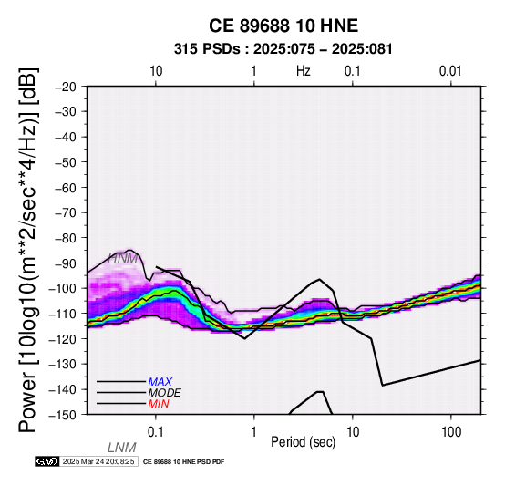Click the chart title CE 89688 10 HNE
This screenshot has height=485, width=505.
tap(283, 26)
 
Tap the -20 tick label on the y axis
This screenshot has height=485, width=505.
tap(66, 87)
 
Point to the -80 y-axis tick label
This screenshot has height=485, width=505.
tap(66, 238)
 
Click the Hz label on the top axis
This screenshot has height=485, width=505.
tap(303, 71)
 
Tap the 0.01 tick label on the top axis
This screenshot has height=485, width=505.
tap(450, 71)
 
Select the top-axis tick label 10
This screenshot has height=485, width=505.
tap(156, 71)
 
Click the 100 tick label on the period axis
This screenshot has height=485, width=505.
tap(451, 432)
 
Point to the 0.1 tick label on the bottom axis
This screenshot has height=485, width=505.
tap(156, 432)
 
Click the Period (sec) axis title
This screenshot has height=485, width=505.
tap(303, 442)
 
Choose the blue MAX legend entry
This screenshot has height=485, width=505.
tap(160, 382)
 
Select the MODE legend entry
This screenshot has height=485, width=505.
tap(165, 393)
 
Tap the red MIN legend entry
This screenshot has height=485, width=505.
tap(159, 404)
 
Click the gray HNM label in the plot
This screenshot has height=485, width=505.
tap(123, 258)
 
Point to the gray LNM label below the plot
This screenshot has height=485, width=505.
tap(122, 448)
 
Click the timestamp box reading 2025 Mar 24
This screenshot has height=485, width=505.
tap(98, 461)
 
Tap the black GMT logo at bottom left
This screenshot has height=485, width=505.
tap(47, 461)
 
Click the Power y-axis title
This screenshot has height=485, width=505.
tap(28, 250)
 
